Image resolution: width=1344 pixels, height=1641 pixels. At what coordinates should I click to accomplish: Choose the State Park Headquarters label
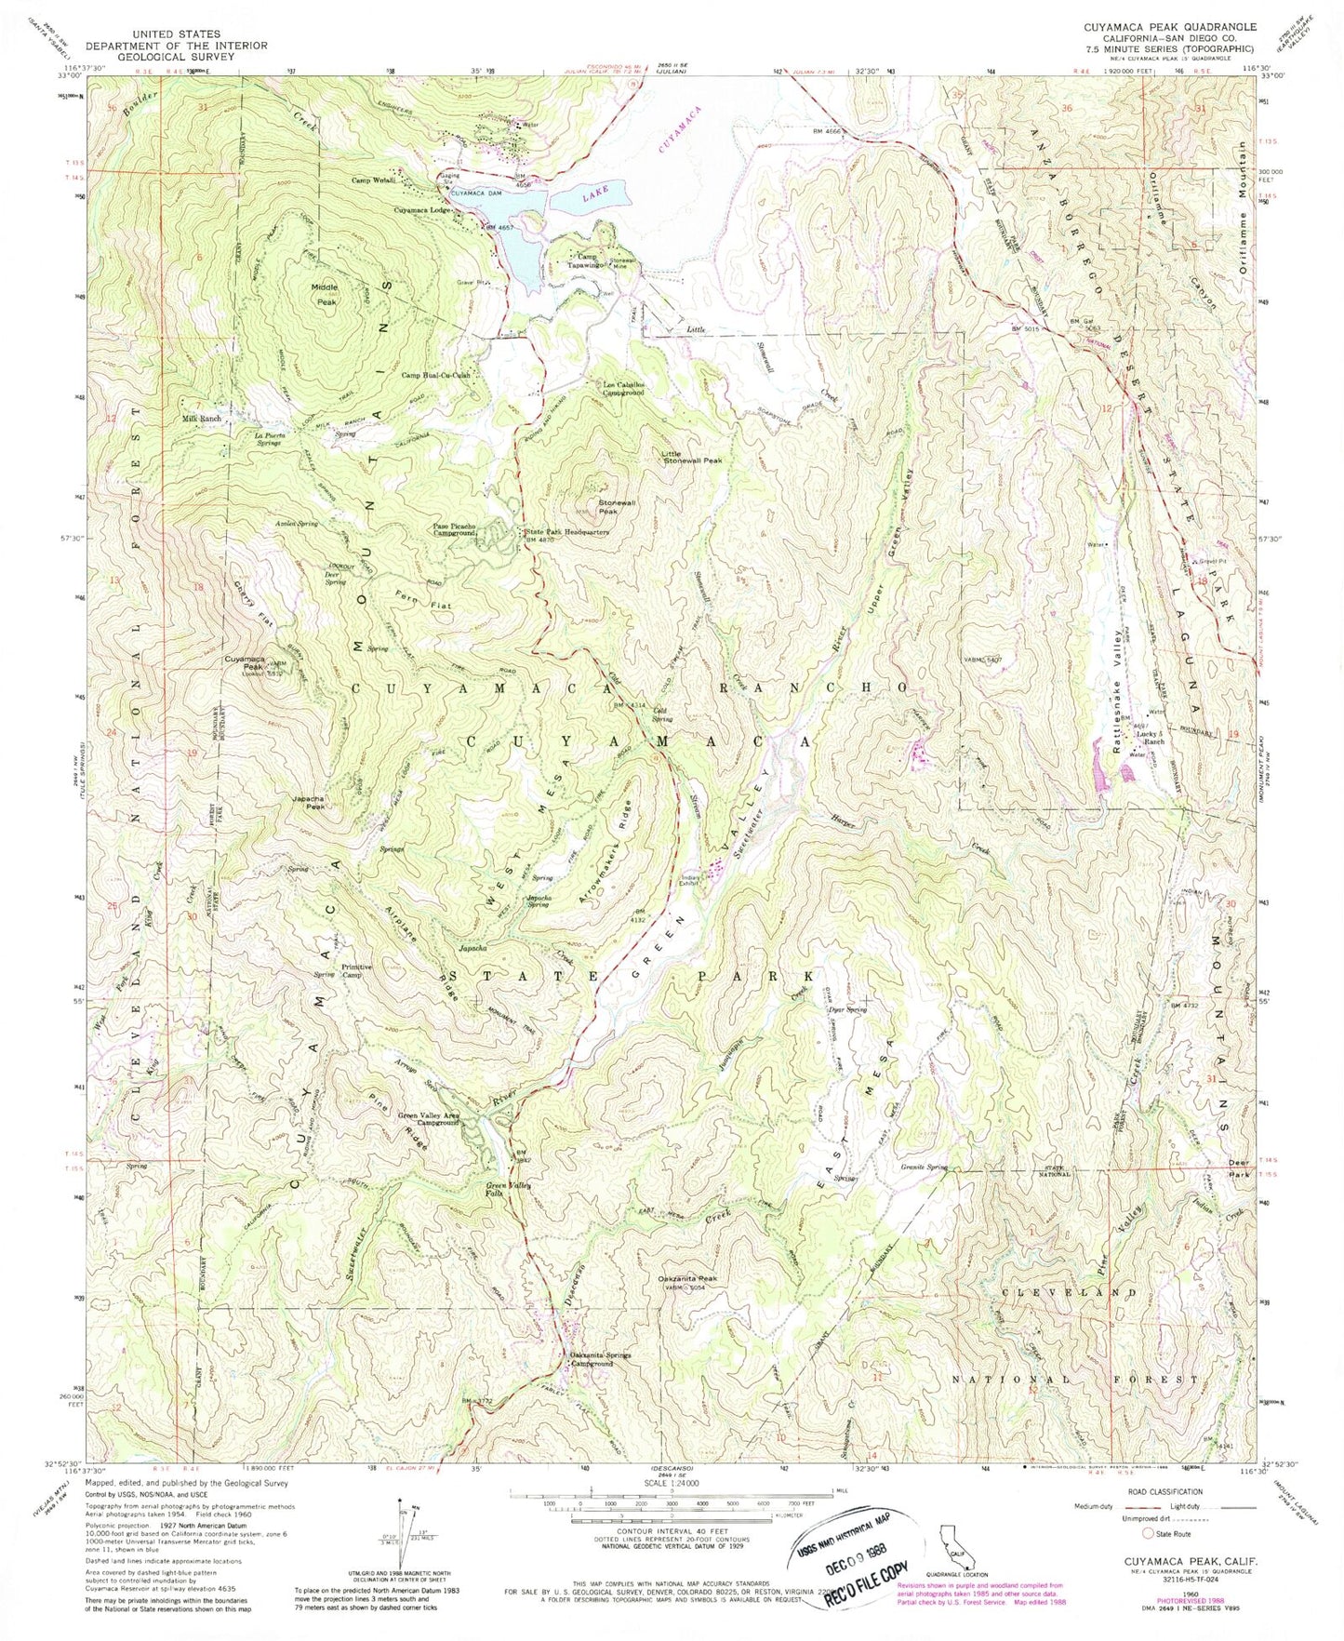coord(563,533)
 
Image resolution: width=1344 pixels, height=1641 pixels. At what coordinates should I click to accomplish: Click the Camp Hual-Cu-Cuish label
coord(436,376)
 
